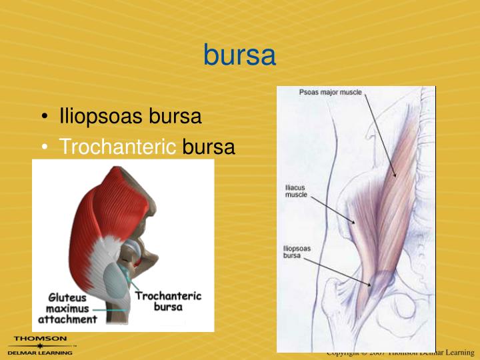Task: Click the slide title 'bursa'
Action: coord(239,55)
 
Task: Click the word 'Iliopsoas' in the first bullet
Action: coord(101,117)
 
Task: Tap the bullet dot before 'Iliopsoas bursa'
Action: coord(44,118)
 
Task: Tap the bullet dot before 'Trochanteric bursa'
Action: coord(44,148)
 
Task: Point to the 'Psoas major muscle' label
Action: coord(330,93)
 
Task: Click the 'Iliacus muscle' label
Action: coord(296,191)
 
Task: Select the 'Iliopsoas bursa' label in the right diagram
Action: coord(297,252)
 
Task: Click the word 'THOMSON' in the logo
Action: coord(40,339)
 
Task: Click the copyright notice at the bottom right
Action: coord(400,353)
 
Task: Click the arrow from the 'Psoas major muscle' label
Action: coord(380,133)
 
